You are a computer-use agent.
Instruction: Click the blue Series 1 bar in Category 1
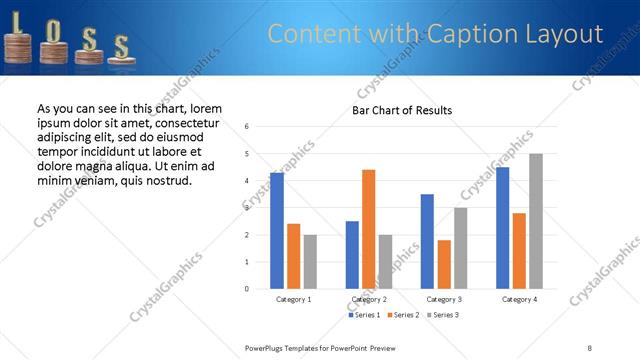[x=277, y=231]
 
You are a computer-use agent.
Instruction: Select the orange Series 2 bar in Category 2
[x=368, y=229]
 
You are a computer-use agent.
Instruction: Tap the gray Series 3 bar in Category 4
[x=536, y=221]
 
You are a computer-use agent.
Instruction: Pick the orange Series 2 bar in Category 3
[x=444, y=264]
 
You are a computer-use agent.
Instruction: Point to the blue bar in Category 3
[x=427, y=241]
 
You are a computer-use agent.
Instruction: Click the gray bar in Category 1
[x=310, y=262]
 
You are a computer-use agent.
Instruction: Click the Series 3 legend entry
[x=444, y=315]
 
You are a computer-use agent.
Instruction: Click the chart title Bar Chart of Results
[x=402, y=110]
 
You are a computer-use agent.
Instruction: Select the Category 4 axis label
[x=519, y=299]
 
